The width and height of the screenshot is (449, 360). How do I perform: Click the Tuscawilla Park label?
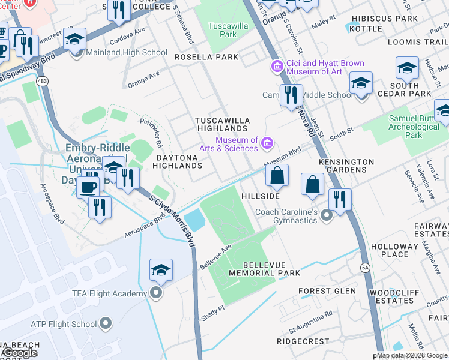[x=223, y=30]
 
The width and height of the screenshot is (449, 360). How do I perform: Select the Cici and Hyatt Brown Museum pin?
[x=277, y=65]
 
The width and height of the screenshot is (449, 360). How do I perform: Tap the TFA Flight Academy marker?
[x=157, y=293]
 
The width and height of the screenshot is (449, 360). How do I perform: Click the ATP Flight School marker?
[x=106, y=324]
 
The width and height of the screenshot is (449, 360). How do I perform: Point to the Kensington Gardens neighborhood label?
[x=346, y=166]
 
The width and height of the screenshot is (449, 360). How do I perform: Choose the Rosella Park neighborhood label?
[x=206, y=57]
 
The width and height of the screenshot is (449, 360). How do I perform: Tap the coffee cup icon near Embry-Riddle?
[x=88, y=187]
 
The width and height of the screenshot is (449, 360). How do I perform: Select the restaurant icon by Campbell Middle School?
[x=291, y=95]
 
